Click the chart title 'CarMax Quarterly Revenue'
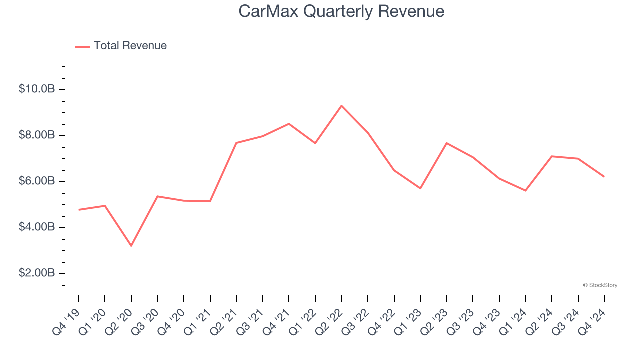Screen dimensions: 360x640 [341, 11]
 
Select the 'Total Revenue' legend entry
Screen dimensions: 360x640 [130, 46]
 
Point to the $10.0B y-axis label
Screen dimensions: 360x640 [37, 89]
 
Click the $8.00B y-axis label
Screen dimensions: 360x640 [37, 135]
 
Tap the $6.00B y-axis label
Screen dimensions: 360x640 [37, 181]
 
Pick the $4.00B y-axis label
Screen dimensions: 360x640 [37, 227]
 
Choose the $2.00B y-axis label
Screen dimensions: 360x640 [37, 273]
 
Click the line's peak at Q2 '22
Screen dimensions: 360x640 [341, 106]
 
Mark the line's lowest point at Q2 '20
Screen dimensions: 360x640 [131, 246]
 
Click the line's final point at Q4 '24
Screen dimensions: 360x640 [604, 176]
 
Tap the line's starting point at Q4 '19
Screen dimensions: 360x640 [79, 210]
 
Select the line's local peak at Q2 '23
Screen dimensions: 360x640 [446, 143]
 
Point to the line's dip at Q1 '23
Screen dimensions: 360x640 [420, 188]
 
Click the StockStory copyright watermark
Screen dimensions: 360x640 [600, 285]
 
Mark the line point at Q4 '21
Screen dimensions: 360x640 [289, 124]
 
